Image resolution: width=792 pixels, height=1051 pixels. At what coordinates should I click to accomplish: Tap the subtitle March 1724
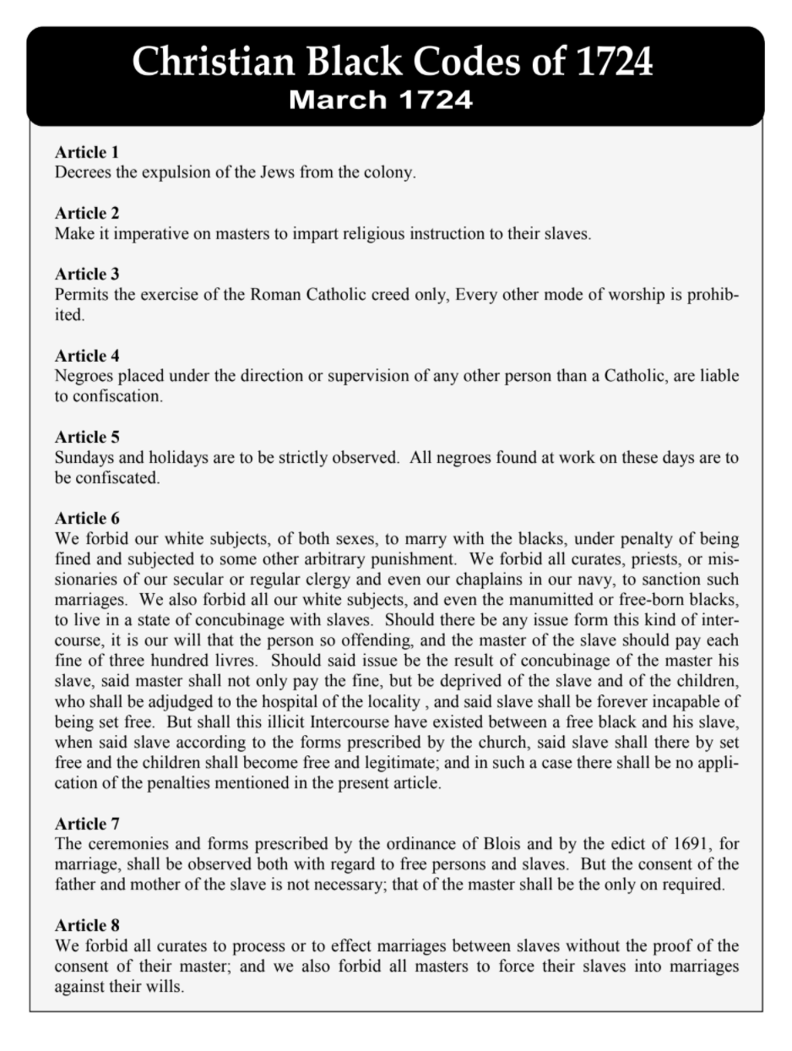pos(380,100)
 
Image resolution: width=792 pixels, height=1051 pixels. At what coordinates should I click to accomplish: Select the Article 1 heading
pos(87,152)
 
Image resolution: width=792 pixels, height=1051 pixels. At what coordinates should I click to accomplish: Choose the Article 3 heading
pos(87,274)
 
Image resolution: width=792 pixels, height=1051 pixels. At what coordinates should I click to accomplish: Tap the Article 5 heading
pos(87,437)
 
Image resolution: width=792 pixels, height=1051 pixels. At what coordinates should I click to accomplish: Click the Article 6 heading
pos(87,518)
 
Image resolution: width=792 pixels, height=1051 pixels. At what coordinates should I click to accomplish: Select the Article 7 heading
pos(87,823)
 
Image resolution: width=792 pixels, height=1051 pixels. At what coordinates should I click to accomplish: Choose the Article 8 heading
pos(87,924)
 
